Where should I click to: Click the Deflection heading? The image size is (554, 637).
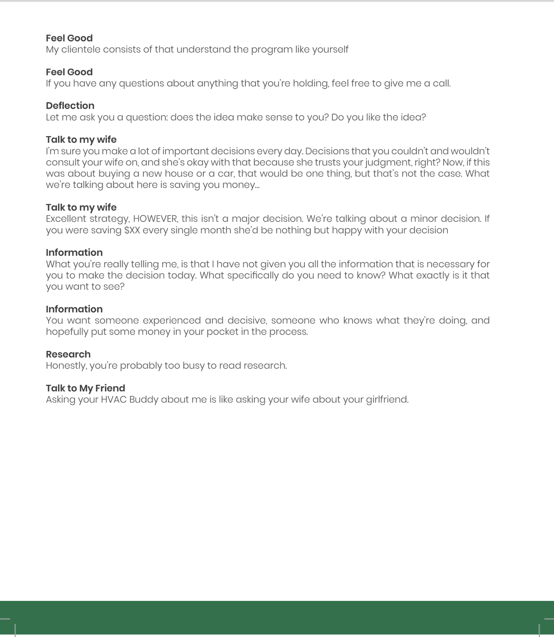click(70, 106)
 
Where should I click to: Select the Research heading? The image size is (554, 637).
click(68, 354)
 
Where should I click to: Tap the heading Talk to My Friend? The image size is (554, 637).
click(85, 388)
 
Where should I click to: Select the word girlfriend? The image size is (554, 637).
click(387, 400)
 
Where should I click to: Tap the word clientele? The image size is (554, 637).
click(81, 49)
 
